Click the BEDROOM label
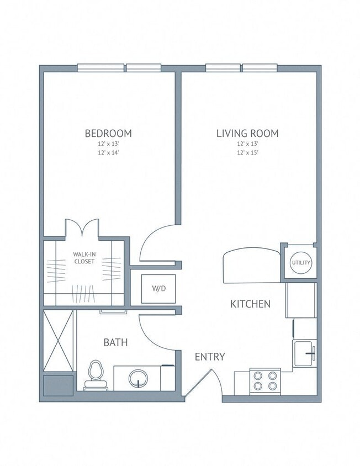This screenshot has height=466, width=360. pos(108,133)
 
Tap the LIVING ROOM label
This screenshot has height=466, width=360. pos(247,133)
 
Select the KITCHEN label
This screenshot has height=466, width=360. pos(250,304)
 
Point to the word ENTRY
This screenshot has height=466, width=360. pos(210,357)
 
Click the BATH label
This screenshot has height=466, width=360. pos(116,342)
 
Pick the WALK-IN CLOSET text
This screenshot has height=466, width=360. pos(84,258)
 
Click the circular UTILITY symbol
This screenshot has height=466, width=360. pos(301,263)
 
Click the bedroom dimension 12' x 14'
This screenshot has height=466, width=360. pos(108,152)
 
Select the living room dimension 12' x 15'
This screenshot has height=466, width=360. pos(247,152)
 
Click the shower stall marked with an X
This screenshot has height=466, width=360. pos(58,341)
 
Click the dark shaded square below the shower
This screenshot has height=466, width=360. pos(58,385)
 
